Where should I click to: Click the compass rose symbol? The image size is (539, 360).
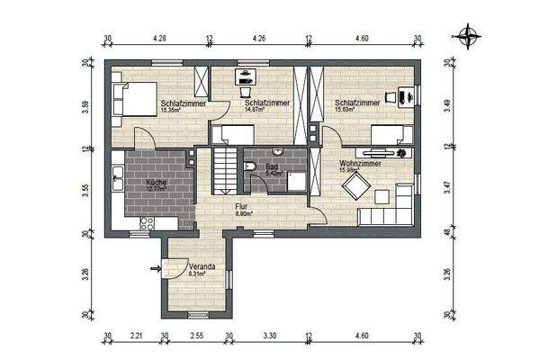[468, 37]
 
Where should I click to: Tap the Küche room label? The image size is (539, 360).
[158, 183]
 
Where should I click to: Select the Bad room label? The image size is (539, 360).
[271, 166]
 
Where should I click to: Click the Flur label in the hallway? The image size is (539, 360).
[241, 206]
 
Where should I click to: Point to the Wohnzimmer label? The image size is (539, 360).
[360, 164]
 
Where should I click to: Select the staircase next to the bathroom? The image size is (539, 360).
[223, 169]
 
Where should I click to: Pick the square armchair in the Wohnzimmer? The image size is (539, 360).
[355, 186]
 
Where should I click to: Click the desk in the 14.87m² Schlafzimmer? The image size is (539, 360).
[244, 80]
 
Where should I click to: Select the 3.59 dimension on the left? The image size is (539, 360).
[85, 104]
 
